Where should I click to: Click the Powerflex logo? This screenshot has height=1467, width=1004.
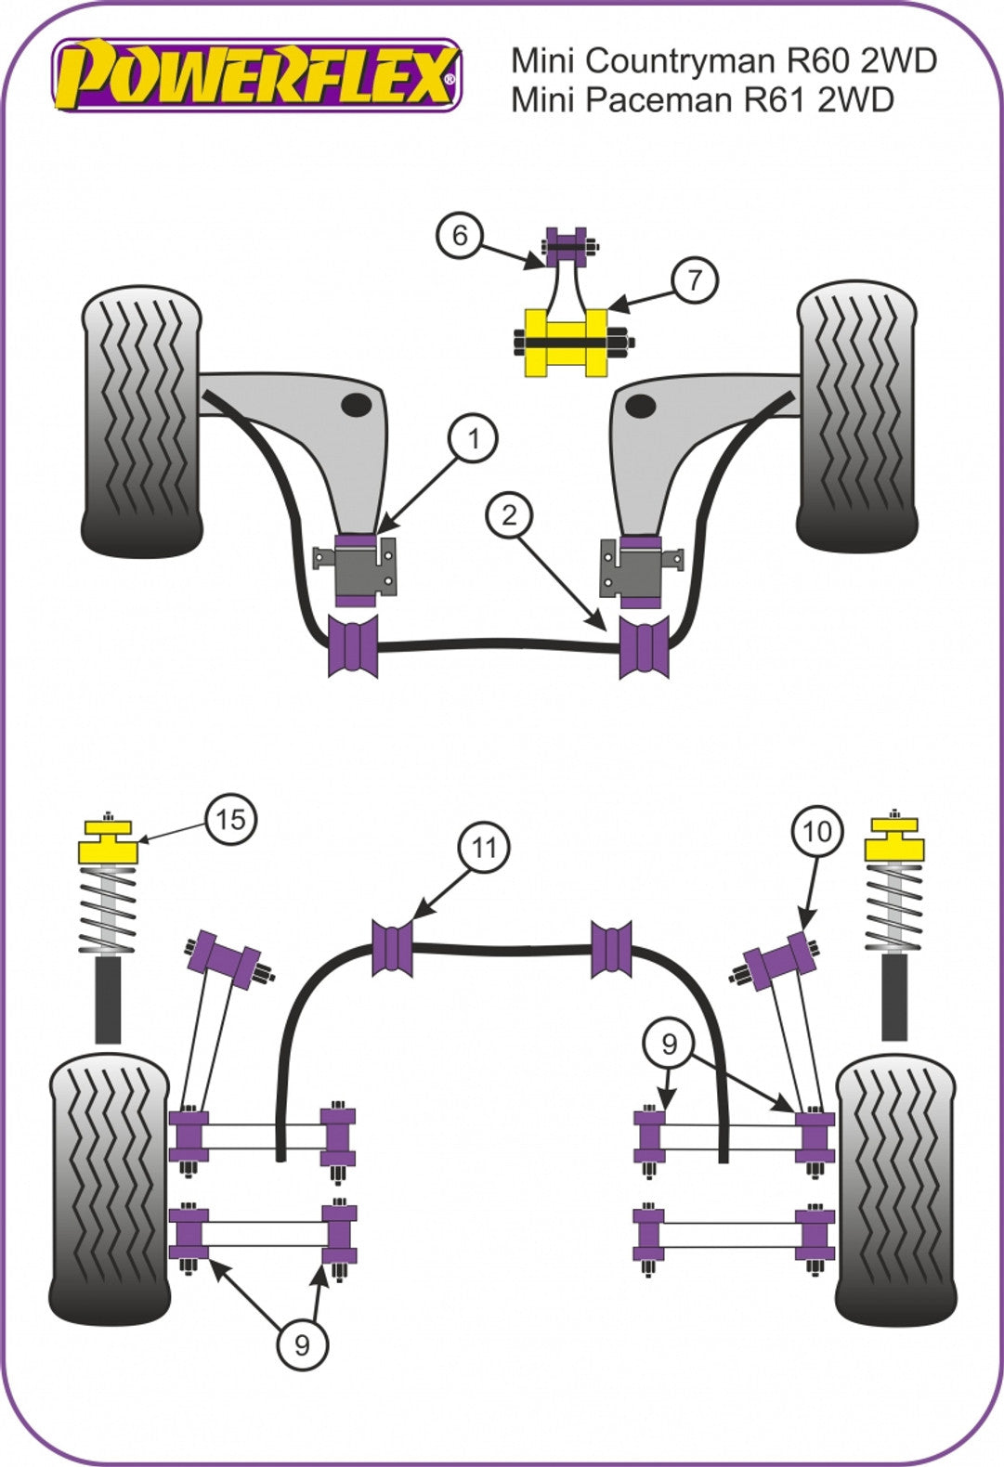coord(256,75)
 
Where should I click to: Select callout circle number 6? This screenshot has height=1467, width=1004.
coord(460,236)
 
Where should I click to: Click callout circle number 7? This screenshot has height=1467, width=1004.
coord(695,279)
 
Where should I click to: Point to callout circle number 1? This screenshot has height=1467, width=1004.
coord(474,437)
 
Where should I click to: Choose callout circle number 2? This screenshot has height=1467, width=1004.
coord(509,514)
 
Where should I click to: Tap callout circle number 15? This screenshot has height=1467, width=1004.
coord(230,819)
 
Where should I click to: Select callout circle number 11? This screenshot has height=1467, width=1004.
coord(484,847)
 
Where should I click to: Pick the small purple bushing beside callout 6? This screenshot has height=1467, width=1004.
coord(566,242)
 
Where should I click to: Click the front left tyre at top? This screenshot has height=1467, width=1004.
coord(141,422)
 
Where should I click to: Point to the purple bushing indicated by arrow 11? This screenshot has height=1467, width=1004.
coord(392,947)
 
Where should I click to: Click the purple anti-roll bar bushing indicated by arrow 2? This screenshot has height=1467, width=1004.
coord(644,643)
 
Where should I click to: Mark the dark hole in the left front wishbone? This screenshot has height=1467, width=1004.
coord(356,404)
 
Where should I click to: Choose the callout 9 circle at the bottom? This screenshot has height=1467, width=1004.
coord(301,1344)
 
